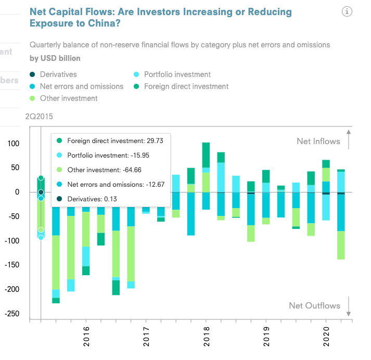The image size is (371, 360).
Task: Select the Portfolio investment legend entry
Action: point(177,74)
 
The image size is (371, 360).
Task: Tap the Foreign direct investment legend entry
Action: point(186,86)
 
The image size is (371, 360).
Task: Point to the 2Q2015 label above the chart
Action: point(39,117)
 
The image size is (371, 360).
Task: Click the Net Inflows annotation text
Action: point(318,141)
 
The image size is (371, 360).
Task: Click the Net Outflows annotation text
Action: point(314,306)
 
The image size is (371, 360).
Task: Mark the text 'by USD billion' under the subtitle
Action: point(55,58)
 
